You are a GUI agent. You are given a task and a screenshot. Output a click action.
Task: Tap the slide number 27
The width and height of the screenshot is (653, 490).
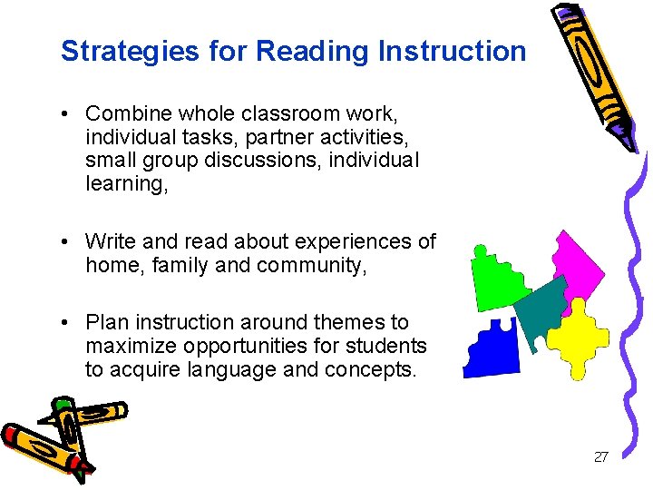coord(600,457)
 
